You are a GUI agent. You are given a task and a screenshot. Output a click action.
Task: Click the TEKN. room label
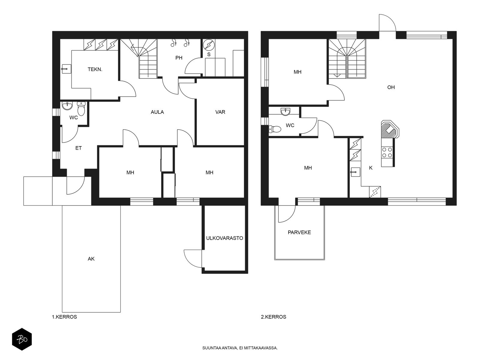click(x=95, y=70)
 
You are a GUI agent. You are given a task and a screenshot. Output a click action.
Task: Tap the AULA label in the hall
click(x=157, y=112)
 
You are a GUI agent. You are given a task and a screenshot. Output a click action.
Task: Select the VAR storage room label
click(x=220, y=112)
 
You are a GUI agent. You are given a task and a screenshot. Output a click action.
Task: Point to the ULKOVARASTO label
click(x=225, y=238)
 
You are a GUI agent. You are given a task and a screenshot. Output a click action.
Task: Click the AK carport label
click(x=91, y=259)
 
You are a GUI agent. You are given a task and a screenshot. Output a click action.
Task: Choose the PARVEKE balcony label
click(x=299, y=232)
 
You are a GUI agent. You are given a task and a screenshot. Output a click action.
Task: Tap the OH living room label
click(x=391, y=87)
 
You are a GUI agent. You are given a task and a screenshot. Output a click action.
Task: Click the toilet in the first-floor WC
click(x=81, y=108)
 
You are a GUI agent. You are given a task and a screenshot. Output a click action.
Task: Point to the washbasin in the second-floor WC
click(x=286, y=112)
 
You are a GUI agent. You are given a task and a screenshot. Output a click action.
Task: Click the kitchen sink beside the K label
click(x=355, y=172)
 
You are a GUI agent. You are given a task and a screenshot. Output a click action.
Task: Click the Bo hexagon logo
click(x=22, y=339)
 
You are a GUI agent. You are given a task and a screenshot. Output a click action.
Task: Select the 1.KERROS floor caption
click(x=64, y=317)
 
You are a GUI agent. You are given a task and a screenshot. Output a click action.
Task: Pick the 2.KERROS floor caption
click(x=273, y=317)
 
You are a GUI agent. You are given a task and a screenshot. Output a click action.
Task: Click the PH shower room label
click(x=179, y=58)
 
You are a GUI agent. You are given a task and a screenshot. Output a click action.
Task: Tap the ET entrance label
click(x=79, y=148)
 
